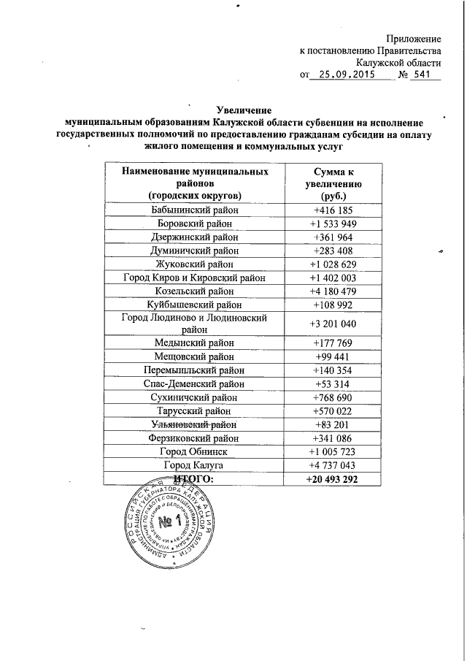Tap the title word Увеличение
pos(246,110)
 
